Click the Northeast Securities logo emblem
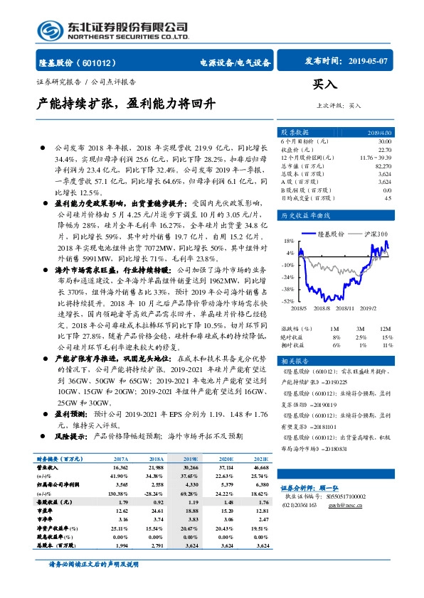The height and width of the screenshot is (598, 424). pyautogui.click(x=50, y=31)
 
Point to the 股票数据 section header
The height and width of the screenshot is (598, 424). pyautogui.click(x=295, y=133)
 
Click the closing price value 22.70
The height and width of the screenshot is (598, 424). pyautogui.click(x=384, y=150)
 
